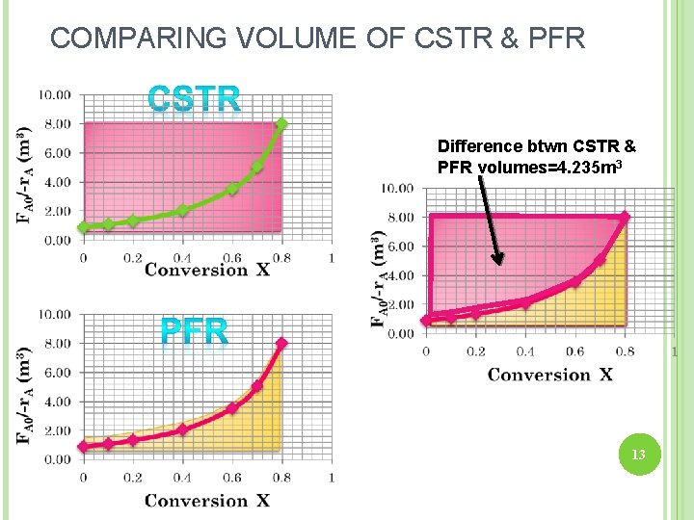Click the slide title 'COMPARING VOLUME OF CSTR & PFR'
pos(317,38)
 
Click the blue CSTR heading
pos(194,99)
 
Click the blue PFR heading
pos(194,332)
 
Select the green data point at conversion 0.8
pos(281,123)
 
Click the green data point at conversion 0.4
pos(182,210)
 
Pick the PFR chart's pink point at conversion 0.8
pos(281,343)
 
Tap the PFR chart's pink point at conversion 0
pos(83,446)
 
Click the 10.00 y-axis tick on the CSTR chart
pos(54,94)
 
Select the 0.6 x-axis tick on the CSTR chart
pos(231,257)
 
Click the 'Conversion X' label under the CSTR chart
pos(207,270)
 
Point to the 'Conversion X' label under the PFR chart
pos(207,501)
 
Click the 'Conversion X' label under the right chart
pos(550,375)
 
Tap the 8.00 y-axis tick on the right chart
pos(398,218)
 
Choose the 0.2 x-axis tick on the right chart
pos(475,351)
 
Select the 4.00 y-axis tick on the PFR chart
pos(54,401)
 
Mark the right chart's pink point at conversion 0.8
pos(625,217)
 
